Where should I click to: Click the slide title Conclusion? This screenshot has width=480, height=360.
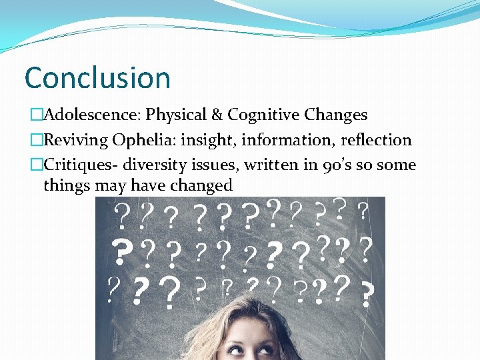coord(97,77)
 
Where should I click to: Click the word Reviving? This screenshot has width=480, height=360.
coord(75,140)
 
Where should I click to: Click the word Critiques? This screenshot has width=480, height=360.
coord(74,165)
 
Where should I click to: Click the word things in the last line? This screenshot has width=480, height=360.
coord(65,185)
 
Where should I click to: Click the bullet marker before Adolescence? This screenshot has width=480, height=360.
coord(36,115)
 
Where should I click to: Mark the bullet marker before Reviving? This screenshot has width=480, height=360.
coord(36,141)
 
